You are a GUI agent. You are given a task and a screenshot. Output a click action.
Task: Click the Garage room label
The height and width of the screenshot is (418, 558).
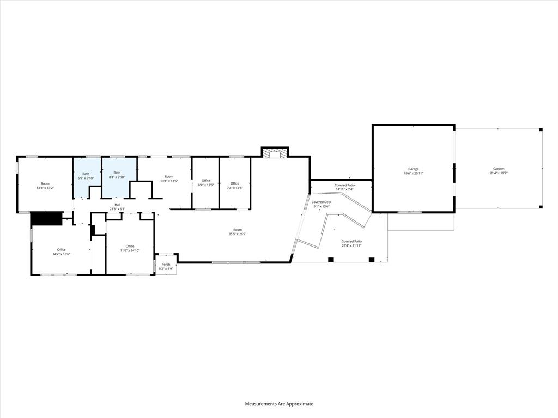pyautogui.click(x=414, y=169)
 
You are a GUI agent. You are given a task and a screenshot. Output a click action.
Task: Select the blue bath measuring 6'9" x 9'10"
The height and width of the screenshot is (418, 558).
pyautogui.click(x=86, y=176)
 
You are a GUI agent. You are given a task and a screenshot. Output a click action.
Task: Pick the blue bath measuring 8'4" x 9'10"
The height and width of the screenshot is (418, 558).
pyautogui.click(x=117, y=176)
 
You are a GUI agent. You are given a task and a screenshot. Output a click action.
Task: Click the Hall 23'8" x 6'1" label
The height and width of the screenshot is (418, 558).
pyautogui.click(x=117, y=206)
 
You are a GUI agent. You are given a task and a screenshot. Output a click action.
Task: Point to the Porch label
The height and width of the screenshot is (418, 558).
pyautogui.click(x=166, y=265)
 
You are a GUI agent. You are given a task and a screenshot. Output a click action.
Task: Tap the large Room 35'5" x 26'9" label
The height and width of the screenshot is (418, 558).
pyautogui.click(x=238, y=232)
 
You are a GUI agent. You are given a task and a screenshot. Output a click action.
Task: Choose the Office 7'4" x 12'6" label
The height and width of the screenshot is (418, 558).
pyautogui.click(x=234, y=186)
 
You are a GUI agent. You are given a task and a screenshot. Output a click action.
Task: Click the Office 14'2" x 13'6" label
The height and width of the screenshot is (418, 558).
pyautogui.click(x=61, y=251)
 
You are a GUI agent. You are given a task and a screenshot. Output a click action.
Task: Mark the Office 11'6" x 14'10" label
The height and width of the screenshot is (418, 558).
pyautogui.click(x=130, y=248)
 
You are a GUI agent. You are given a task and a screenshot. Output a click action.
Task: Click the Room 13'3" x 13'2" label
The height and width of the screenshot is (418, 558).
pyautogui.click(x=45, y=186)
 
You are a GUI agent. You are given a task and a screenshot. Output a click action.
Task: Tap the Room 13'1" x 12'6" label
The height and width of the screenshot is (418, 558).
pyautogui.click(x=169, y=179)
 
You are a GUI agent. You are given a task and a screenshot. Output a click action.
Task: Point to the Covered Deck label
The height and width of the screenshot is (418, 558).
pyautogui.click(x=321, y=202)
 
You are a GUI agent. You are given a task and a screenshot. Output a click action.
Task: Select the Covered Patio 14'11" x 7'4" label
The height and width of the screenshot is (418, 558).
pyautogui.click(x=344, y=187)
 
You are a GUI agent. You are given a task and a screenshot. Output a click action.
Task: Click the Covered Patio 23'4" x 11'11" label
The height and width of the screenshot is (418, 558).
pyautogui.click(x=351, y=243)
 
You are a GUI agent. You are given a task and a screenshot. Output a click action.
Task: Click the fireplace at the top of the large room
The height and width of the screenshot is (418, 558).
pyautogui.click(x=274, y=153)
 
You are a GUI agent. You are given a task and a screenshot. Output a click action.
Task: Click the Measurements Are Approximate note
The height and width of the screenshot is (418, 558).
pyautogui.click(x=279, y=404)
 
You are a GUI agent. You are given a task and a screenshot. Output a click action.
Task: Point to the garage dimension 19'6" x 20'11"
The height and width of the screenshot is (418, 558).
pyautogui.click(x=414, y=173)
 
